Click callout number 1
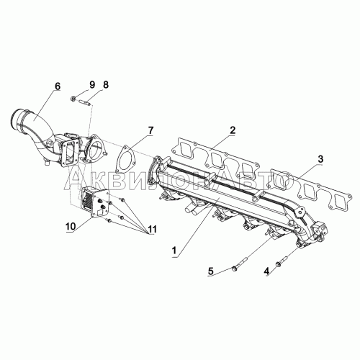click(x=174, y=251)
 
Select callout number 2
click(x=233, y=130)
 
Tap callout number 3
click(x=320, y=159)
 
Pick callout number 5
click(x=210, y=271)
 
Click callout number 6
click(x=58, y=86)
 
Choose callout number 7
click(x=150, y=131)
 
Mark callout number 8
click(x=106, y=84)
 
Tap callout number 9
click(x=92, y=84)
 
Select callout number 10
click(x=71, y=226)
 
